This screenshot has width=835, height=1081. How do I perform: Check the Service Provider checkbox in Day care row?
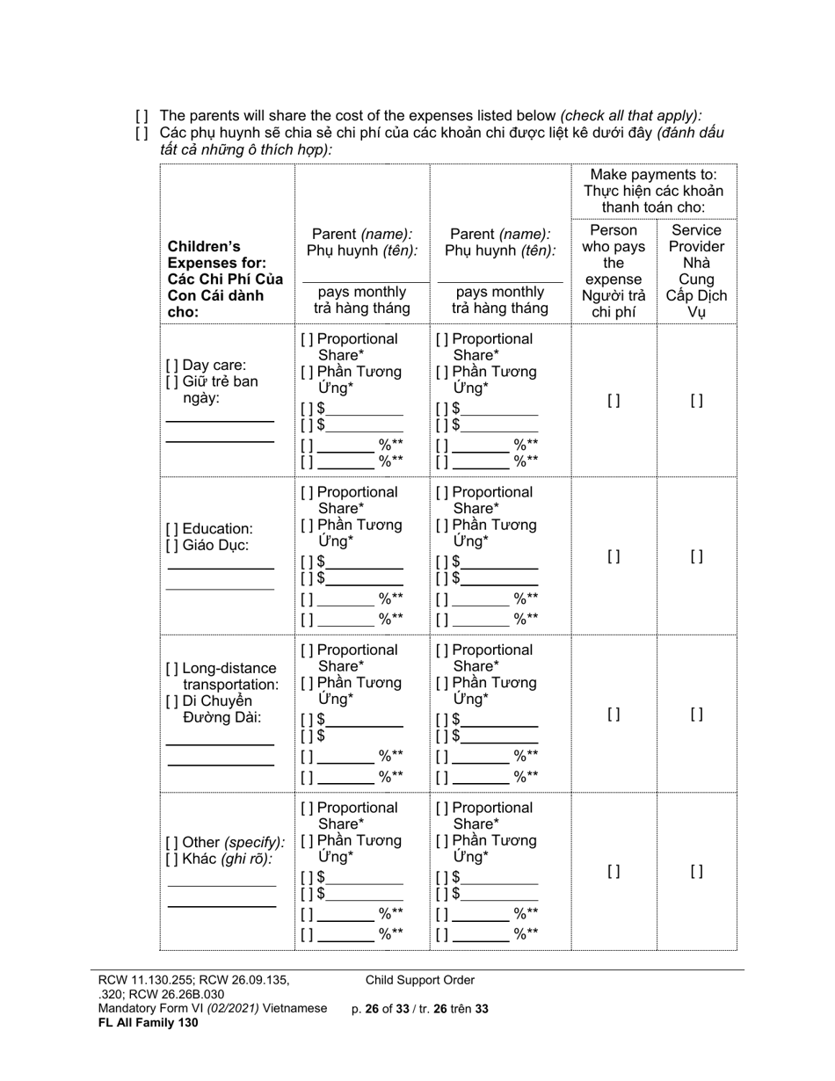coord(696,401)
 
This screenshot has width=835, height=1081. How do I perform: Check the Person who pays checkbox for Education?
coord(614,556)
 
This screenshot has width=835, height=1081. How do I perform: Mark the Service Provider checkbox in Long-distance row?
coord(696,715)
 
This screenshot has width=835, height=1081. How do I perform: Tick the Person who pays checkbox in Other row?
coord(614,872)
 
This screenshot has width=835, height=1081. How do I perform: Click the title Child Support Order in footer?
coord(420,980)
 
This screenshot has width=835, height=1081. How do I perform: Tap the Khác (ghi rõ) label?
coord(219,859)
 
